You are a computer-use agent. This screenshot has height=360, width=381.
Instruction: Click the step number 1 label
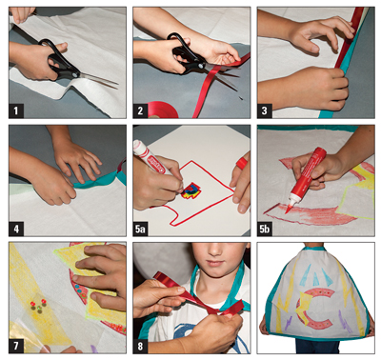point(16,111)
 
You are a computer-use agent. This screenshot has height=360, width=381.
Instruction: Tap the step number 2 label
point(140,111)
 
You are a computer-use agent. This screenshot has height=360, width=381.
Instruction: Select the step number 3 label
point(264,111)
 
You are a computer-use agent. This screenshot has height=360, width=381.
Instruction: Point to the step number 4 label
point(16,229)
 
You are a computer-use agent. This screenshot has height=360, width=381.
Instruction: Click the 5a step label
point(140,229)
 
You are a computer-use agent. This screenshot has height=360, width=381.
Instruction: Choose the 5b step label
point(265,229)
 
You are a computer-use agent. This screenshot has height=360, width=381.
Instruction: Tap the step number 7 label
point(16,347)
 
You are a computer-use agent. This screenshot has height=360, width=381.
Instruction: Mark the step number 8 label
point(140,347)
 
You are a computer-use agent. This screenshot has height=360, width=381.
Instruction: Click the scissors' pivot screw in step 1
point(74,73)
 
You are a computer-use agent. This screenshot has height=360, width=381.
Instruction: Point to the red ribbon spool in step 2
point(162,110)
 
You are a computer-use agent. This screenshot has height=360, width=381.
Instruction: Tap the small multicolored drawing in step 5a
point(190,190)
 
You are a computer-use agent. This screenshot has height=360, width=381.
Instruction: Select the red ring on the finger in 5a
point(242,163)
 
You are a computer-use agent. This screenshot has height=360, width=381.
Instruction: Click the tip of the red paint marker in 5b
point(286,210)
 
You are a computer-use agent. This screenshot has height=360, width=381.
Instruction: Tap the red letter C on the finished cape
point(315,309)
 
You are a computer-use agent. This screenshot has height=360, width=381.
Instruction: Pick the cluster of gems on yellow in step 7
point(38,305)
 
